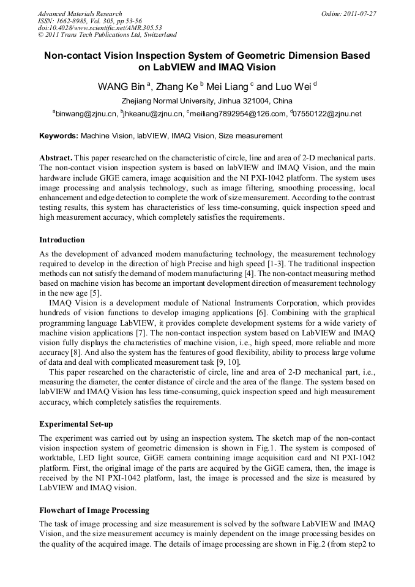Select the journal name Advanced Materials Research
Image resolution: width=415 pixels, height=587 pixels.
[80, 13]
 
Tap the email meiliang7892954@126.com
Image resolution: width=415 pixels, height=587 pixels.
[238, 114]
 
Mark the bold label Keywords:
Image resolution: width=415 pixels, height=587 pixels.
[59, 136]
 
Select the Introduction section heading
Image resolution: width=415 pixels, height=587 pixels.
[62, 239]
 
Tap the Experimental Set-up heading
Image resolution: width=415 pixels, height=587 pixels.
[76, 424]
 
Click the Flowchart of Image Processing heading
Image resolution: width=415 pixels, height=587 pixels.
[94, 510]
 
